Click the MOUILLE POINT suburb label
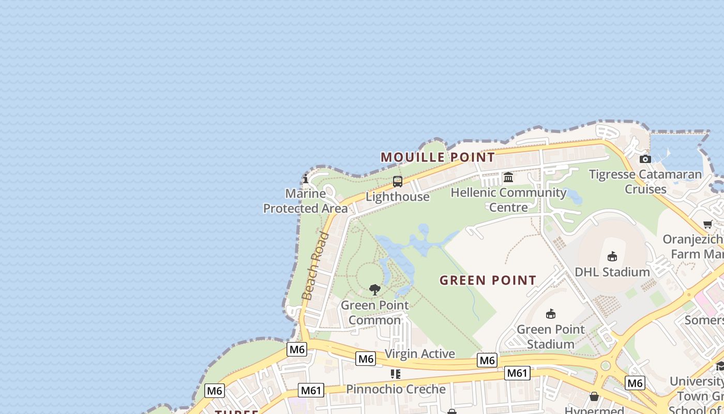[438, 157]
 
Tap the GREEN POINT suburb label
[488, 280]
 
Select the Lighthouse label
[397, 197]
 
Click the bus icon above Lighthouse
[397, 182]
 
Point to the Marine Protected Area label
[306, 201]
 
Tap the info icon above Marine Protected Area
[306, 179]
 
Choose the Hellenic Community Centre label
[508, 200]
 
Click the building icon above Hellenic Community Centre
[508, 178]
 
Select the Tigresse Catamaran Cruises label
[645, 182]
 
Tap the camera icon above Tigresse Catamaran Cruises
[645, 159]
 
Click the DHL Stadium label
[612, 272]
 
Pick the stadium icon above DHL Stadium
[612, 256]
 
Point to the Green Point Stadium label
[551, 336]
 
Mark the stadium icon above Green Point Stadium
[551, 314]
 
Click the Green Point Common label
[374, 313]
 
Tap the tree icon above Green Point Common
[375, 290]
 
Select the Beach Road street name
[315, 266]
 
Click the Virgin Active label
[420, 354]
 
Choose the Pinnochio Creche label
[396, 389]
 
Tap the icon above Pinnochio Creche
[396, 374]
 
